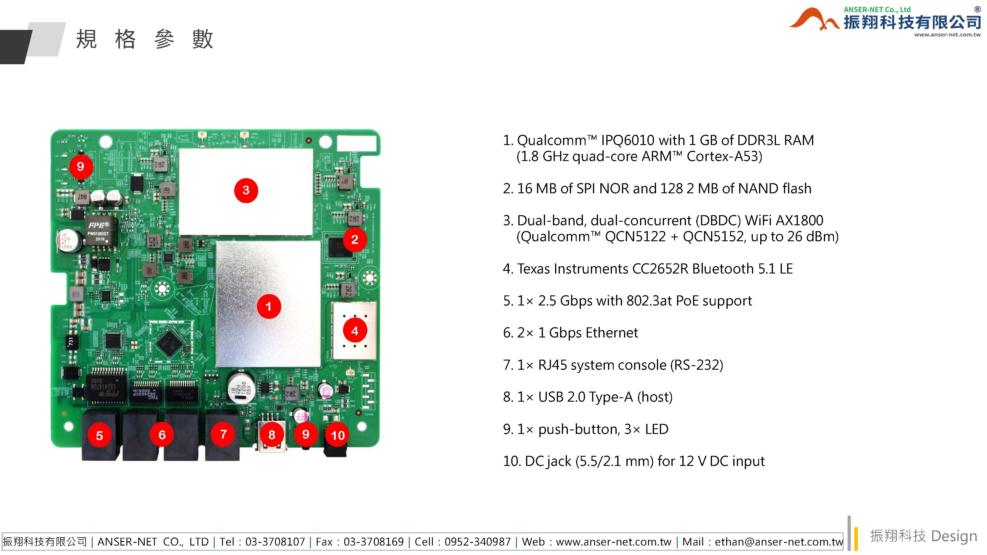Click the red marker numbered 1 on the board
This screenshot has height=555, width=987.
[269, 306]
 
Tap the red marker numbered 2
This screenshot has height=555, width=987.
[355, 240]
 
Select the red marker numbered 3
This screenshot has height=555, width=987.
[246, 190]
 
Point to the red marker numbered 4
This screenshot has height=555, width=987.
[355, 331]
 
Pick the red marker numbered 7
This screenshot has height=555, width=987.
[224, 434]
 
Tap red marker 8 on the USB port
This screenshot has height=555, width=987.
[272, 435]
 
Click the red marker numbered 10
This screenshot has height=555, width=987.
[337, 435]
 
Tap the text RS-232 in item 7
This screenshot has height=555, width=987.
[696, 365]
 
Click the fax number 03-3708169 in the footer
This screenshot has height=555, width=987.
[374, 542]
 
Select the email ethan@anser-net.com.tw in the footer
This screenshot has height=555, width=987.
[779, 542]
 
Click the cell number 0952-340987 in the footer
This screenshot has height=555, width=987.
[478, 542]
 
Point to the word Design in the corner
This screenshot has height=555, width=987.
[954, 536]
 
